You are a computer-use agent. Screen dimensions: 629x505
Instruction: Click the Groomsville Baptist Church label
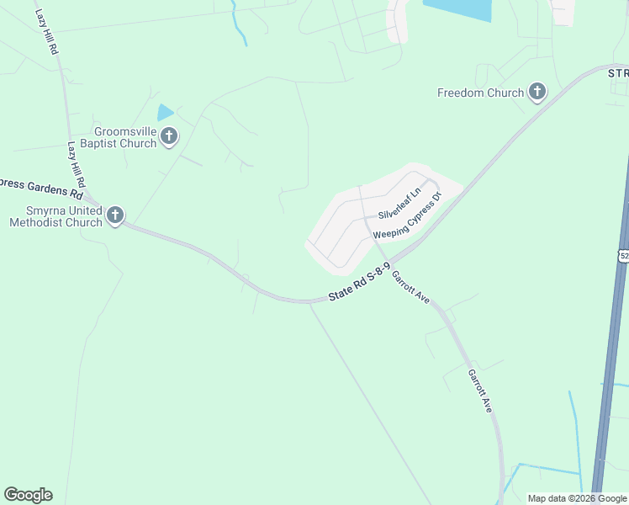pyautogui.click(x=114, y=137)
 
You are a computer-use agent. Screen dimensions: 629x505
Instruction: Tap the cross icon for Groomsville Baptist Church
pyautogui.click(x=169, y=136)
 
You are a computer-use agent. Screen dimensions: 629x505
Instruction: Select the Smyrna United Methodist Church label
pyautogui.click(x=55, y=216)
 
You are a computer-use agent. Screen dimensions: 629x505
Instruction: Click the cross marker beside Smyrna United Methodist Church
pyautogui.click(x=115, y=215)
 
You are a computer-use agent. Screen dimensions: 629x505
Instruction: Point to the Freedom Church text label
pyautogui.click(x=480, y=93)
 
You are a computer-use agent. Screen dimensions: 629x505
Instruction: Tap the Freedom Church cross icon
pyautogui.click(x=537, y=92)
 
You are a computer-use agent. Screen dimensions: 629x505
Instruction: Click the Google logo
pyautogui.click(x=28, y=495)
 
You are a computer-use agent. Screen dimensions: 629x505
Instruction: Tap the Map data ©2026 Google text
pyautogui.click(x=577, y=498)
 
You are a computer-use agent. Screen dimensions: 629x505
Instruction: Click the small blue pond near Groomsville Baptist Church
pyautogui.click(x=165, y=112)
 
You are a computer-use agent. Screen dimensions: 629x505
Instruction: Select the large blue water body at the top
pyautogui.click(x=458, y=9)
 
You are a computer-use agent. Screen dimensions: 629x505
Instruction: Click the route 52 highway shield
pyautogui.click(x=623, y=254)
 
